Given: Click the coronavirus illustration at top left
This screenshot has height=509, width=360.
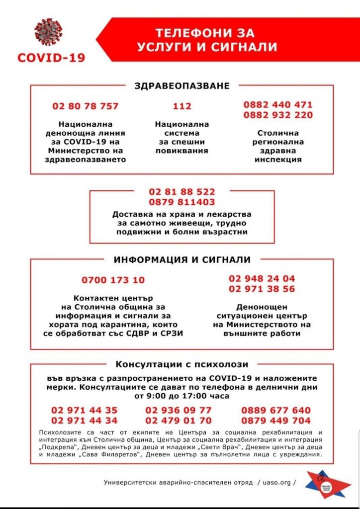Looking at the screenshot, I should [x=49, y=33].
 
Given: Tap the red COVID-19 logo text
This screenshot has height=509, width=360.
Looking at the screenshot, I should [x=51, y=58].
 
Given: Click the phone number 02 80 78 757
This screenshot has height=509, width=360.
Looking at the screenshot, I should [x=86, y=106].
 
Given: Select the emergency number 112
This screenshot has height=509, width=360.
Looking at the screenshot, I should [x=182, y=106].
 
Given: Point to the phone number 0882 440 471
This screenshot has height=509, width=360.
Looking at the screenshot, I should [x=278, y=105].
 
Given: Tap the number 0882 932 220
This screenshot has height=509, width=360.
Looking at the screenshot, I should [x=278, y=115].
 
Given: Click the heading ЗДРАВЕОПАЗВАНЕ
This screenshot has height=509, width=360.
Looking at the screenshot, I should [x=182, y=86].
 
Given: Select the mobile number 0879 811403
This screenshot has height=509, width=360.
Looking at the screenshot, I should [x=182, y=202].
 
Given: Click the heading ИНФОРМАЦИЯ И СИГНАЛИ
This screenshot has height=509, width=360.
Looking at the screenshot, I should [x=182, y=260].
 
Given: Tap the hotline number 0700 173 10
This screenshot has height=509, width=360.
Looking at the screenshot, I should [x=113, y=280].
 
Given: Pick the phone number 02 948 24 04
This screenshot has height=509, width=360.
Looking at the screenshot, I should [x=262, y=279].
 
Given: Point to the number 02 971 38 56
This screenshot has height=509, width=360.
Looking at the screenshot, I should [x=262, y=289].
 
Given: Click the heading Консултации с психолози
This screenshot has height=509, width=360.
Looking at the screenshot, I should [x=182, y=364].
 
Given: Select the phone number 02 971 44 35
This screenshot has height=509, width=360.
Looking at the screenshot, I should [x=85, y=411].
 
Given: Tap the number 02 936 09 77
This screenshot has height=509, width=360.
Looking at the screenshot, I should [x=179, y=411].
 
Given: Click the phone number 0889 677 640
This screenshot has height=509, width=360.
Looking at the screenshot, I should [x=276, y=411].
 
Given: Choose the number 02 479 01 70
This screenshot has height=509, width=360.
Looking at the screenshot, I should [x=179, y=421].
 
